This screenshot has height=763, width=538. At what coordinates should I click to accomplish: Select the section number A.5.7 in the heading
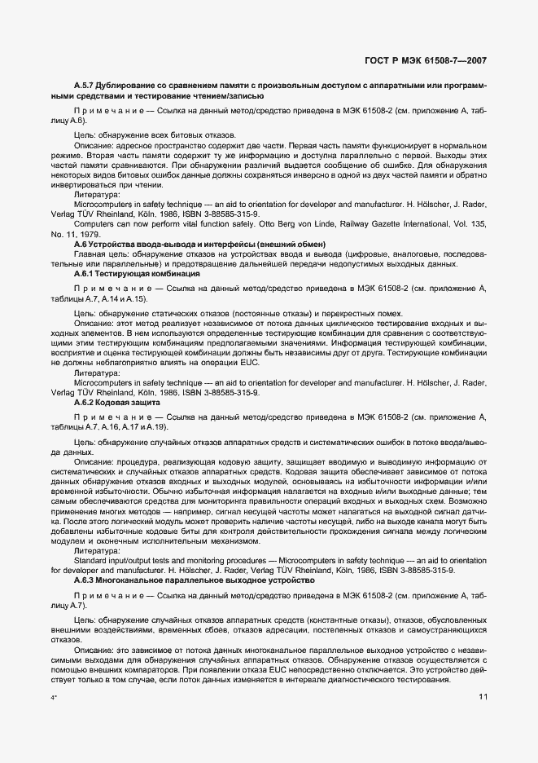[x=85, y=85]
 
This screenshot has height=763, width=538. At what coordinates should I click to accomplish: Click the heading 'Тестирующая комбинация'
[x=134, y=275]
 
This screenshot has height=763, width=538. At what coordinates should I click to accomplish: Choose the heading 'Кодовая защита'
[x=120, y=403]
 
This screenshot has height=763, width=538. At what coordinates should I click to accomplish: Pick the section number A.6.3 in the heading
[x=84, y=582]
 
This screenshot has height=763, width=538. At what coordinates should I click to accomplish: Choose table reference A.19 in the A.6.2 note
[x=155, y=427]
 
